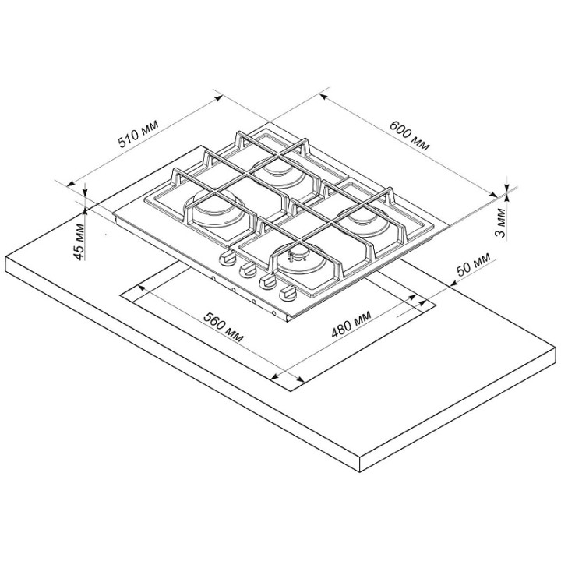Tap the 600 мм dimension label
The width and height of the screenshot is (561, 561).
(x=409, y=136)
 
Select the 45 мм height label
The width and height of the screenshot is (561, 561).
(x=79, y=242)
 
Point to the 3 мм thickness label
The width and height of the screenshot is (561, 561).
(x=501, y=223)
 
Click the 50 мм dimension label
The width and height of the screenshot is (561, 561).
(x=473, y=264)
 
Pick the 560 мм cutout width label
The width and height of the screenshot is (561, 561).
(x=224, y=326)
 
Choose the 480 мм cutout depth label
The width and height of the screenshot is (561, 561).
(x=351, y=324)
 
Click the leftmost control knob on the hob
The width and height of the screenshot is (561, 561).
(x=228, y=258)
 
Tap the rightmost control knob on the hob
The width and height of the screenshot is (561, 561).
(x=287, y=295)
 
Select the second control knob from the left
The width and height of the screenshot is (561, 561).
(x=247, y=270)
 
